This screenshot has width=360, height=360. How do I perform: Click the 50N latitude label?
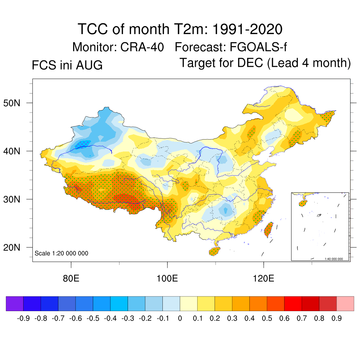click(x=12, y=103)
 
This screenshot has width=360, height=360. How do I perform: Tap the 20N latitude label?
click(x=12, y=247)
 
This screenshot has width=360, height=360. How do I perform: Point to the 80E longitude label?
click(x=71, y=278)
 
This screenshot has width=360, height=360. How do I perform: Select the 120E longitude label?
click(x=264, y=278)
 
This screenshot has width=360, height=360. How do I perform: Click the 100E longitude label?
click(x=167, y=278)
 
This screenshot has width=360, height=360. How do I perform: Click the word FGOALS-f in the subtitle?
click(x=258, y=47)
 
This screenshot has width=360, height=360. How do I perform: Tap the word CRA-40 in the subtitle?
click(x=142, y=47)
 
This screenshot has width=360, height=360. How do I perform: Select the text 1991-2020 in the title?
click(x=247, y=29)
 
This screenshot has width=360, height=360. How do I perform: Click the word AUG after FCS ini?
click(x=89, y=65)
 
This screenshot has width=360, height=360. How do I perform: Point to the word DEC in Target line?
click(x=250, y=63)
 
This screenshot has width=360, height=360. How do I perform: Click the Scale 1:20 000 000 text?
click(x=61, y=253)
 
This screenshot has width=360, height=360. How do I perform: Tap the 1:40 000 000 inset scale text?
click(x=334, y=259)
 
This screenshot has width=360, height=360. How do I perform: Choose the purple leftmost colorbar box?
click(x=15, y=303)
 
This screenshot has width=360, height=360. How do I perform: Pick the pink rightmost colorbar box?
click(x=345, y=303)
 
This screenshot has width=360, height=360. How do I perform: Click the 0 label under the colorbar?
click(x=180, y=318)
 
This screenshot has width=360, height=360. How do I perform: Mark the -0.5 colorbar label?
click(x=93, y=318)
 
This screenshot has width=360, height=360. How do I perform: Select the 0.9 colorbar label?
click(x=336, y=318)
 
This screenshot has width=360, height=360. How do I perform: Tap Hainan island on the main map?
click(x=214, y=251)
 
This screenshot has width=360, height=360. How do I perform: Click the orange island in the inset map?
click(x=303, y=203)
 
